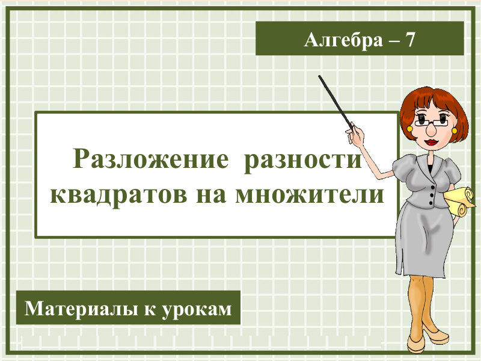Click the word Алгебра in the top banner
pyautogui.click(x=343, y=40)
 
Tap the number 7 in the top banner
pyautogui.click(x=409, y=40)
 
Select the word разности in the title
pyautogui.click(x=303, y=161)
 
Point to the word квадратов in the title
pyautogui.click(x=118, y=195)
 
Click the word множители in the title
pyautogui.click(x=310, y=194)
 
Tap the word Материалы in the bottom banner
pyautogui.click(x=81, y=309)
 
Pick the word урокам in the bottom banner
pyautogui.click(x=197, y=310)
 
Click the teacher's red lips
pyautogui.click(x=432, y=142)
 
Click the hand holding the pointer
pyautogui.click(x=355, y=135)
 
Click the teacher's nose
pyautogui.click(x=432, y=131)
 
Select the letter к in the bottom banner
pyautogui.click(x=150, y=310)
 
